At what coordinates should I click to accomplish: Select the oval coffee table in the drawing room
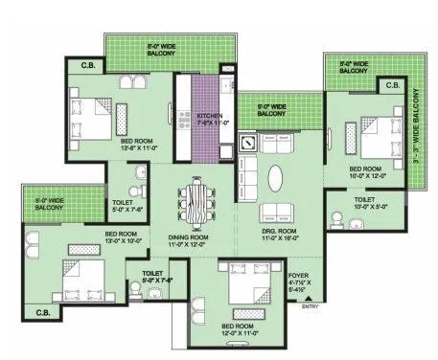pos(276,180)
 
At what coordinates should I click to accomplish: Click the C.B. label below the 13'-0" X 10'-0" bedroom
pos(42,312)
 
